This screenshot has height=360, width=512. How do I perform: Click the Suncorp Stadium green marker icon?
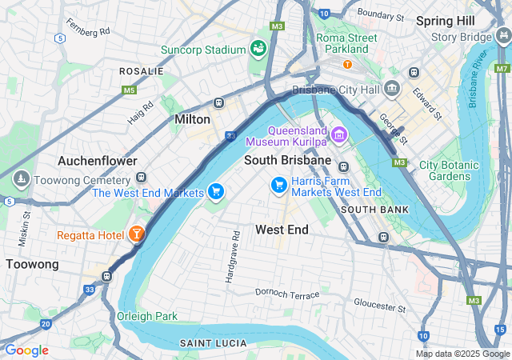258,49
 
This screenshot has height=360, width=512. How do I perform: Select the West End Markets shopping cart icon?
214,191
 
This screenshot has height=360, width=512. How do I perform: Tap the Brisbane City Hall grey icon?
392,88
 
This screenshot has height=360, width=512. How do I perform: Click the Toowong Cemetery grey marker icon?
20,178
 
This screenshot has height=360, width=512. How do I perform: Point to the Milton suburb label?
192,119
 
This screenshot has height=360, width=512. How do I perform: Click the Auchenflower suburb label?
97,161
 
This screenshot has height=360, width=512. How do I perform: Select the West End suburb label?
282,230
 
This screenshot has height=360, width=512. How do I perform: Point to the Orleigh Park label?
147,316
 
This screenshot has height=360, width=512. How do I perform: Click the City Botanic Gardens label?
450,170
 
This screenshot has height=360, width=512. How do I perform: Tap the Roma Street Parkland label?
347,43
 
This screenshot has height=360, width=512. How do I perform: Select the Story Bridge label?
460,37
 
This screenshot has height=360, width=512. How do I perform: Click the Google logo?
26,350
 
